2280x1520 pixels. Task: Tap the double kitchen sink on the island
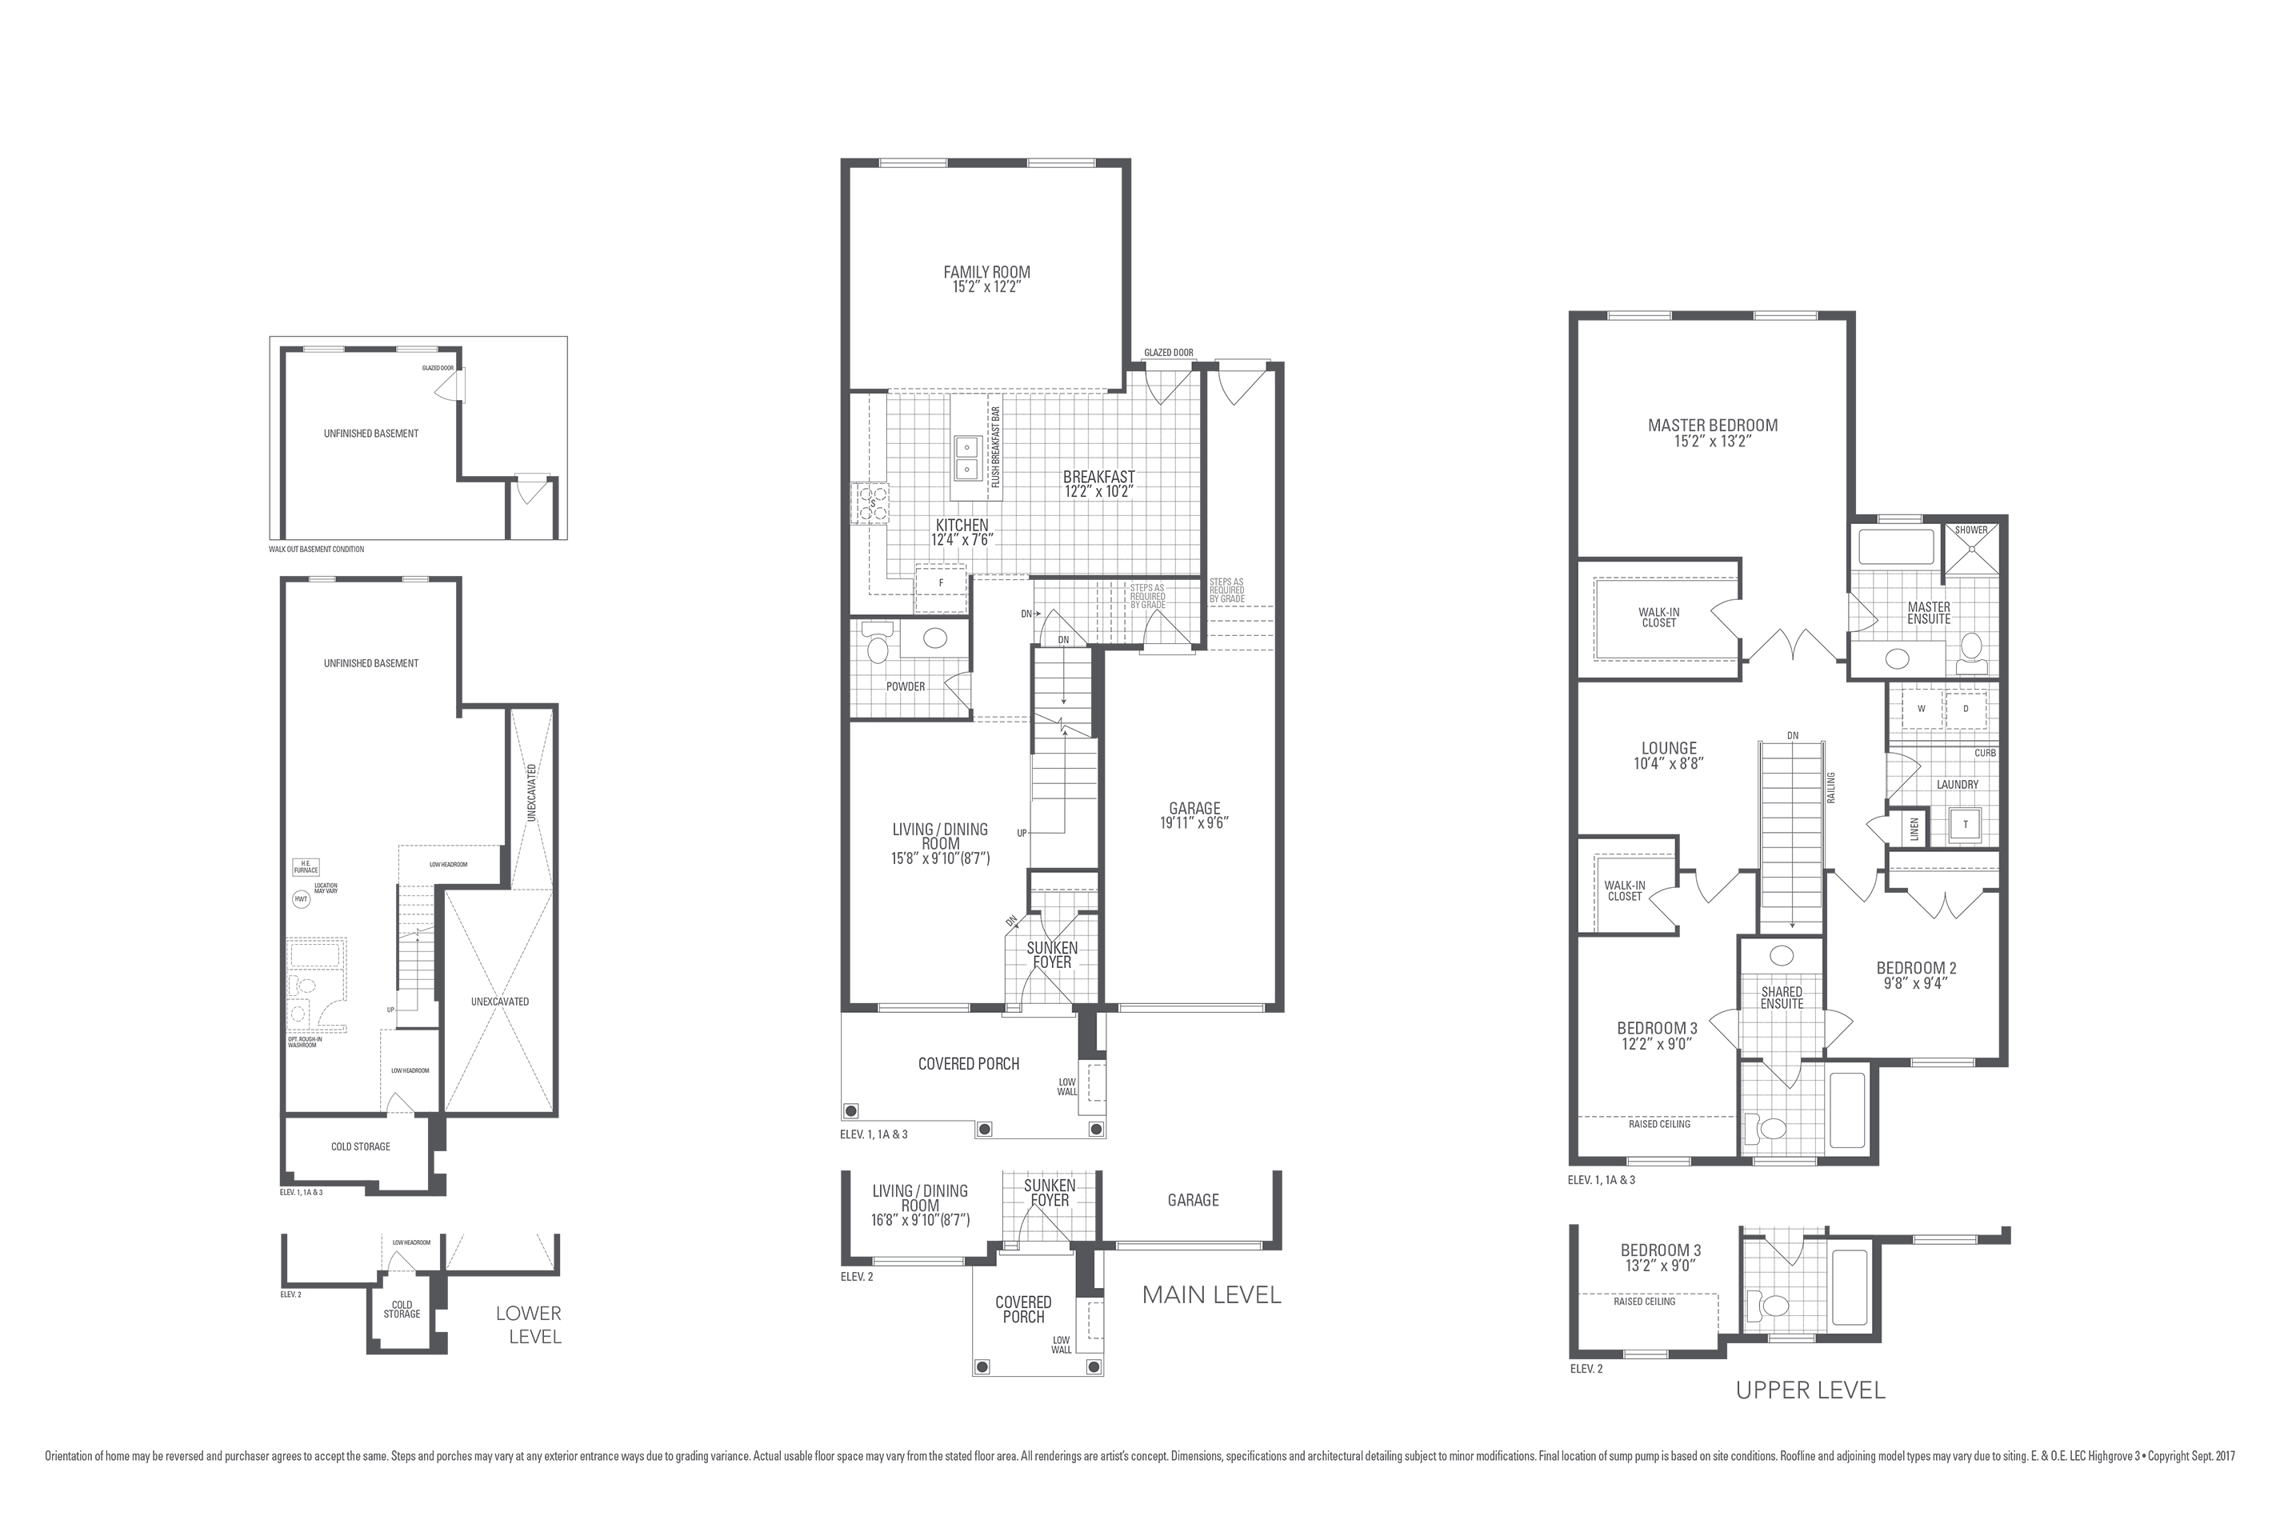tap(967, 458)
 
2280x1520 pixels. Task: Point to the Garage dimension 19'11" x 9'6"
tap(1194, 823)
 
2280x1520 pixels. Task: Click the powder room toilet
tap(878, 646)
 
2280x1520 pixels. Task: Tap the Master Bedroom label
tap(1713, 426)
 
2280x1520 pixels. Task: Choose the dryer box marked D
tap(1966, 709)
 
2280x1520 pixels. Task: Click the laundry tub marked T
tap(1965, 825)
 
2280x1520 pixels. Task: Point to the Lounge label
tap(1670, 748)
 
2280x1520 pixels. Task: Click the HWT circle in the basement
tap(302, 899)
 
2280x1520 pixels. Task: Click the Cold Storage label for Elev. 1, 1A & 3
tap(361, 1146)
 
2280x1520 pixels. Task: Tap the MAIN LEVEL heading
tap(1212, 1295)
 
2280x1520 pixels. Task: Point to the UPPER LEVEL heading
tap(1810, 1391)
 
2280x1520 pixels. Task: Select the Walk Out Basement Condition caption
tap(317, 550)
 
